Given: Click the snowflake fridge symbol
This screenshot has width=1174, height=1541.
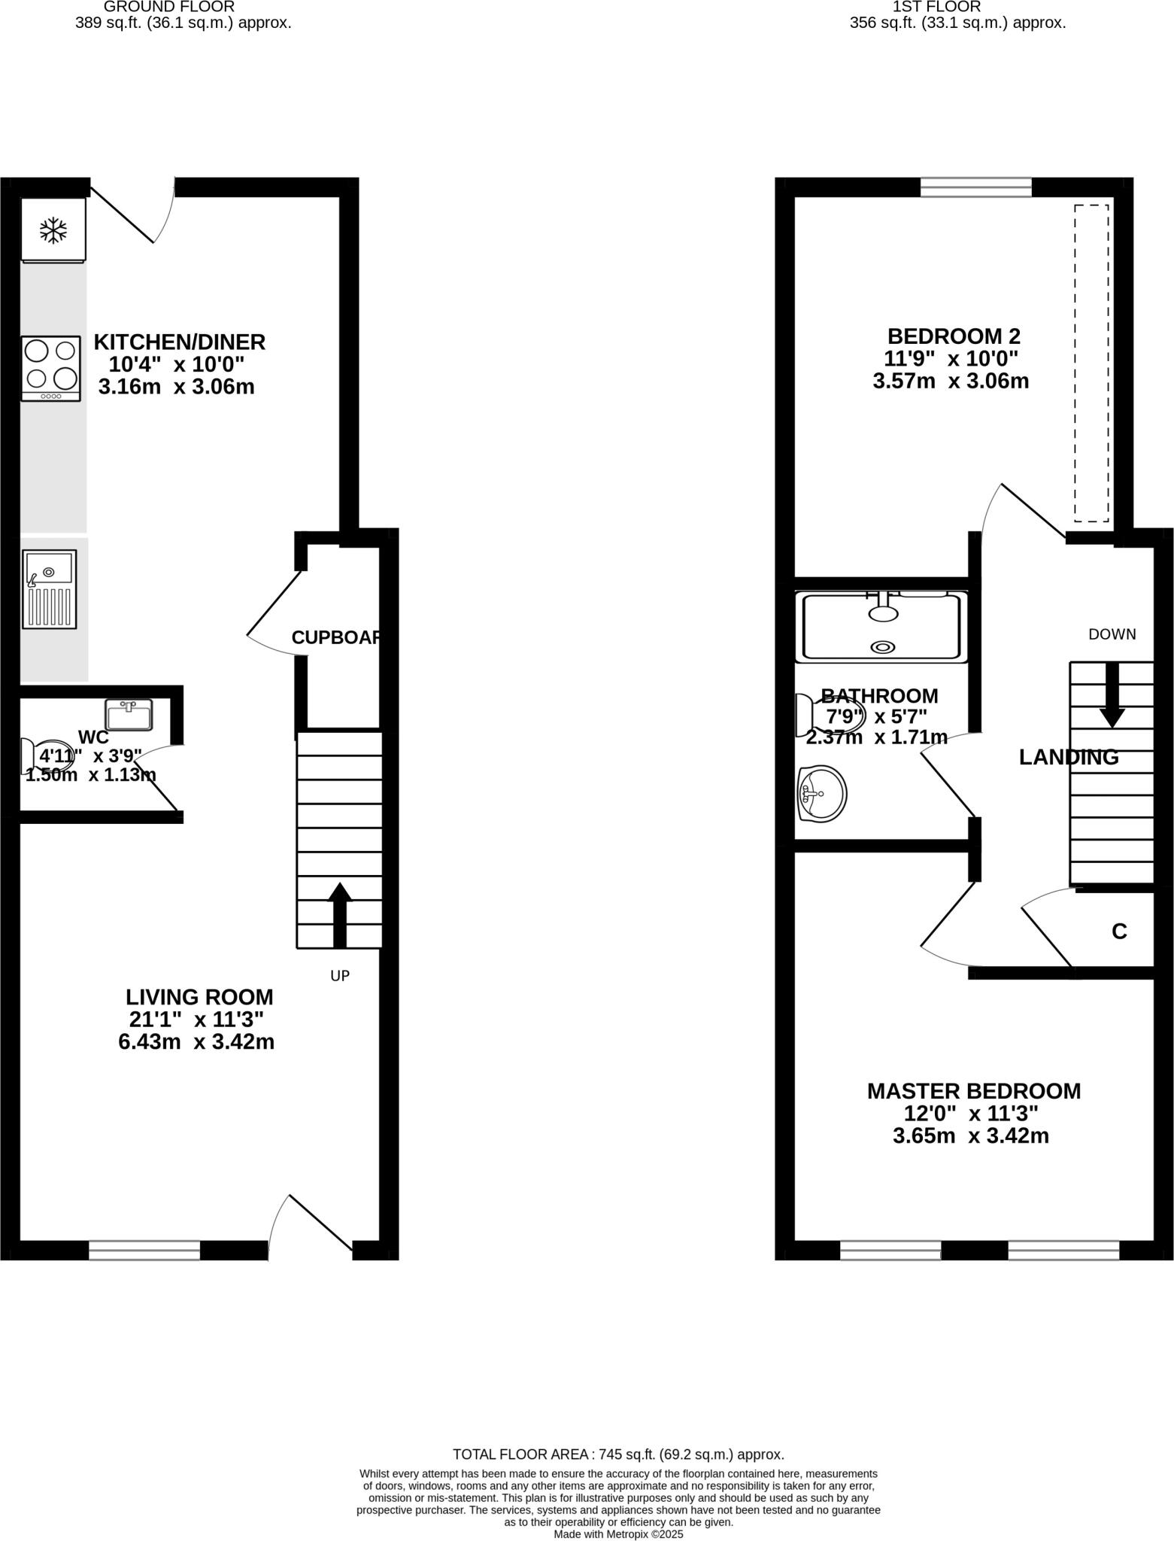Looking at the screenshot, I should (53, 230).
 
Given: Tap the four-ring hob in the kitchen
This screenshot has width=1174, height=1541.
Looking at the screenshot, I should (50, 367).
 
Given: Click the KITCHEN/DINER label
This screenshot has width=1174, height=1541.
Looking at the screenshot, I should (179, 342).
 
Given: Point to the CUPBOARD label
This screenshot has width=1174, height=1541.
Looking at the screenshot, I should (336, 637).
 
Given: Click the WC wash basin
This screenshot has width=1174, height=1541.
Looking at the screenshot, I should (129, 714).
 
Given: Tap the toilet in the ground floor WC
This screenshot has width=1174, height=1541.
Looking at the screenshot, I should (45, 756).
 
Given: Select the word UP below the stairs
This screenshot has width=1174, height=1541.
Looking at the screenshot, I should (340, 976).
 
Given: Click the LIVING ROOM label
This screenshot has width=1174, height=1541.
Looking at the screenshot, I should (199, 998).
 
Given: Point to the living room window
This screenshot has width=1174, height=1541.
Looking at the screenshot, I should (144, 1250).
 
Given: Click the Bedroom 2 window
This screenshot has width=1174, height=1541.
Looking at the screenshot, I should (976, 186).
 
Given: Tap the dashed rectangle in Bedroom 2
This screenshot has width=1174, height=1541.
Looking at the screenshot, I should (1091, 363).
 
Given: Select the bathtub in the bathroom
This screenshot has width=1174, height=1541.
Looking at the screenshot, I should (881, 626).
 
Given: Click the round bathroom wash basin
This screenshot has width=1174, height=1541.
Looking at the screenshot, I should (822, 794).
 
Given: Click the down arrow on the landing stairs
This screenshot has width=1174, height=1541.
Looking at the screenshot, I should (1112, 696).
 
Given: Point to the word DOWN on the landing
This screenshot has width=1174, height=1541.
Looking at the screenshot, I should (1112, 634).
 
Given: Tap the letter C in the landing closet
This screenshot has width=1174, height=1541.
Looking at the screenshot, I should (1119, 932).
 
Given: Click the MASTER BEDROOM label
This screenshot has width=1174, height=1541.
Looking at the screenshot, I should (974, 1091).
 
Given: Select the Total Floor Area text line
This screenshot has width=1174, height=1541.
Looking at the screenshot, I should (618, 1454).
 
